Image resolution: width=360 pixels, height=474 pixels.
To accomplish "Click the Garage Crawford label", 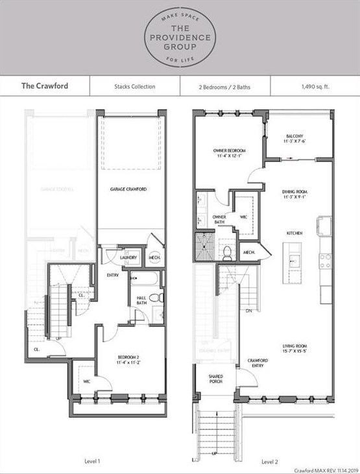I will (128, 189).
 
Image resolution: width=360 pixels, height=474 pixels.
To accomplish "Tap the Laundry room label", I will (127, 258).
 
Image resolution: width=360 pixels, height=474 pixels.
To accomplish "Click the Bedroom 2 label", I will (130, 360).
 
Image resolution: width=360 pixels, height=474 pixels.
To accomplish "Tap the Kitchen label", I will (296, 232).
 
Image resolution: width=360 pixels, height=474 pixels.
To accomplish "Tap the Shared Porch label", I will (216, 379).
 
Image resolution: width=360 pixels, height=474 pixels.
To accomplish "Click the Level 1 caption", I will (92, 461).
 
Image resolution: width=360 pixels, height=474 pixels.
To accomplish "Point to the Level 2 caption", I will (270, 462).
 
